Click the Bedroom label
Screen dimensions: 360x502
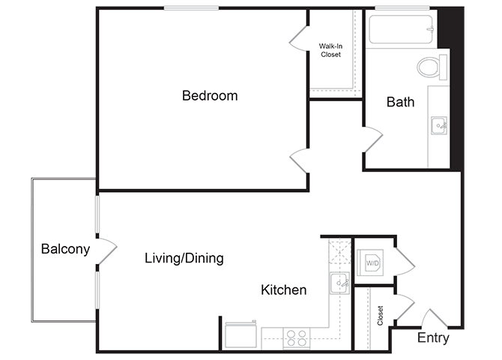point(210,96)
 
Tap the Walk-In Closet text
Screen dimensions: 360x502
point(330,49)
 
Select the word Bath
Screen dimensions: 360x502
point(400,102)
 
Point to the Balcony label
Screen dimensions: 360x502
point(65,249)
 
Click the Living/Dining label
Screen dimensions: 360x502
point(184,259)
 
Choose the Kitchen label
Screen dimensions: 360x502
point(283,289)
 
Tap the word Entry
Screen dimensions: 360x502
point(434,339)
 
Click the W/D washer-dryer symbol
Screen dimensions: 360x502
point(372,262)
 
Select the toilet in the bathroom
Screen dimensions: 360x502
point(429,67)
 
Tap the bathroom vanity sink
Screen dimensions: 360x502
point(438,124)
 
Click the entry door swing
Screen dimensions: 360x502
point(433,319)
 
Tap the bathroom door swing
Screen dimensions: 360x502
point(372,139)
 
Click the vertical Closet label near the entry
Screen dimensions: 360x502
point(381,315)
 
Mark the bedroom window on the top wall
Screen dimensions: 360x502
point(191,8)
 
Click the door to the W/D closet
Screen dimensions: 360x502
point(402,260)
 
